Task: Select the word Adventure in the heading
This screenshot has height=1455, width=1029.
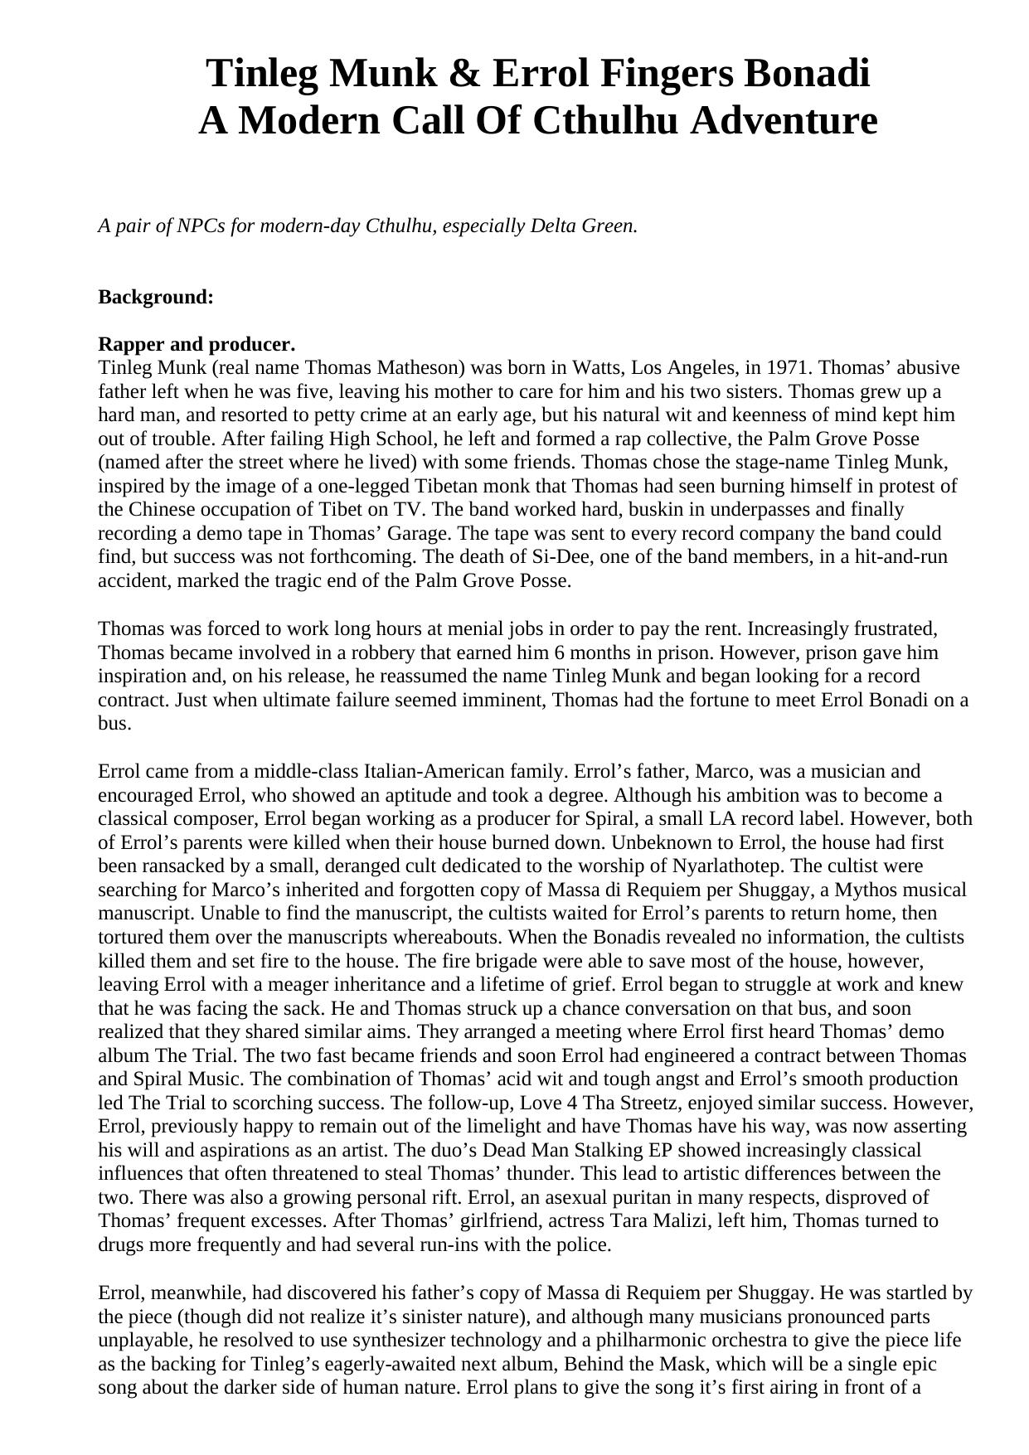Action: coord(783,121)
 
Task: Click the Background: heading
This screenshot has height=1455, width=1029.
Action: coord(156,297)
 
